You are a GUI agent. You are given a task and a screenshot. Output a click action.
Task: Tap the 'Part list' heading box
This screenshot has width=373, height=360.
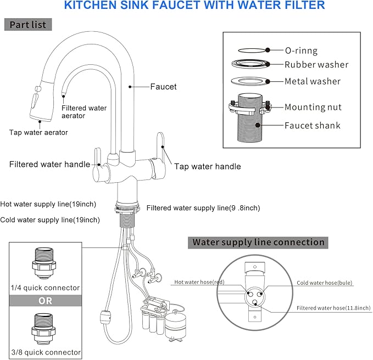coord(29,25)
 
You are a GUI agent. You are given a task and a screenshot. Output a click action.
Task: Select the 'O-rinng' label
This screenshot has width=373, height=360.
coord(300,50)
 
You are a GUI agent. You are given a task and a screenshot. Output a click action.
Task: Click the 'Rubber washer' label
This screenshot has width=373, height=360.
coord(316,65)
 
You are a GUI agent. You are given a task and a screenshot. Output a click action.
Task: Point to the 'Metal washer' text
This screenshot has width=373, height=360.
coord(312,81)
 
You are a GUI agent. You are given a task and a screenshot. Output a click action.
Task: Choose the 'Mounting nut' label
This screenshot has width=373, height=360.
coord(313,108)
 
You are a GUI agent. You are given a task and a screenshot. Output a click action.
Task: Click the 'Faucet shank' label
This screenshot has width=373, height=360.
coord(312,126)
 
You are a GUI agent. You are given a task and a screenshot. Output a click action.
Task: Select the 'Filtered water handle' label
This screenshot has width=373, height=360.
coord(49,164)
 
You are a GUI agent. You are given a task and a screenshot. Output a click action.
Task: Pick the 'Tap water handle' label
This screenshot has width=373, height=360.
coord(208,166)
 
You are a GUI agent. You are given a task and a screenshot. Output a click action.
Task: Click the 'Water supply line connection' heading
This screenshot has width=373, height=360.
coord(258,242)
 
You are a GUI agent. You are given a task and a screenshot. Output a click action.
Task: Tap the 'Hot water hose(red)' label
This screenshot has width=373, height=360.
coord(198,282)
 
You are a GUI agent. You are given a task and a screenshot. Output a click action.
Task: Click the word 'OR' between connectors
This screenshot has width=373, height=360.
coord(46,301)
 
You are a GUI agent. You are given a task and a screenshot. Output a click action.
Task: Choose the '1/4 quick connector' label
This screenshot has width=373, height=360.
coord(46,288)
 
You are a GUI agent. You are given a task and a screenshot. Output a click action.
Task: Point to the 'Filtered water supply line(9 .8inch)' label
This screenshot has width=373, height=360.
coord(203,208)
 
